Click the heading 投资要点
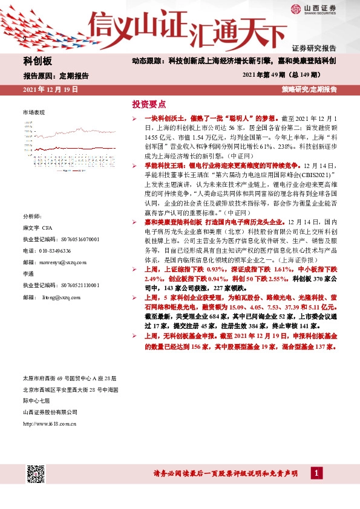(149, 103)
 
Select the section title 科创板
(38, 62)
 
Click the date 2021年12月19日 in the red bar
(50, 89)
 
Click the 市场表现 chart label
(34, 113)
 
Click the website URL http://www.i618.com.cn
(50, 423)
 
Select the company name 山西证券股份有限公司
(50, 412)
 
